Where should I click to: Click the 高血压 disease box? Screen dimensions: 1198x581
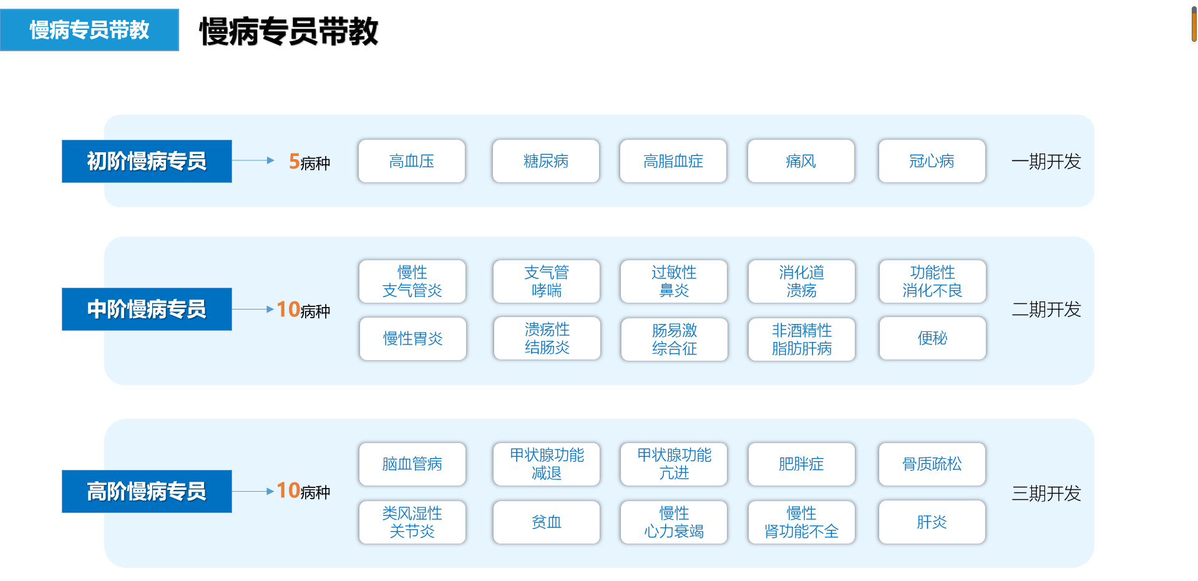[412, 161]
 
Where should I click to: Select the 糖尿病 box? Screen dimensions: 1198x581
[546, 161]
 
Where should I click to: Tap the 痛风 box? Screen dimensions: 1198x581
[801, 161]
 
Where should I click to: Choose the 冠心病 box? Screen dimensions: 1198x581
[932, 161]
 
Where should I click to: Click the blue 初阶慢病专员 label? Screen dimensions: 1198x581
[147, 161]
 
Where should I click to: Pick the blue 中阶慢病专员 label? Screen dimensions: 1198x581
[147, 309]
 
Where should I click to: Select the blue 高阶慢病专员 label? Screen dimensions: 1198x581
[147, 491]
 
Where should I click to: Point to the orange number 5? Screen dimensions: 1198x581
[295, 162]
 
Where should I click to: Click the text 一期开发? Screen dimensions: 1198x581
[1046, 162]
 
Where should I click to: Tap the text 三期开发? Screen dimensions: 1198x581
[1046, 494]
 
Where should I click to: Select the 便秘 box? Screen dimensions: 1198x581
[933, 338]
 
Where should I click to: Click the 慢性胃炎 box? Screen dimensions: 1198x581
[413, 339]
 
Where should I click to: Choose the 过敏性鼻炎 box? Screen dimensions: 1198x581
[674, 281]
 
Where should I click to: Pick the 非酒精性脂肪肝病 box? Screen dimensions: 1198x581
[802, 339]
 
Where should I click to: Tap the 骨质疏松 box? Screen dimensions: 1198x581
[932, 464]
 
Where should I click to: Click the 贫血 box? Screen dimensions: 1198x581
[547, 522]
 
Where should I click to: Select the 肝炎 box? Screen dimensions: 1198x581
[932, 522]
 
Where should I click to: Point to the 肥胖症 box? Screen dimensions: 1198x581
[802, 464]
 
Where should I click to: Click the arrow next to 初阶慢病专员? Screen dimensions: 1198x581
[253, 160]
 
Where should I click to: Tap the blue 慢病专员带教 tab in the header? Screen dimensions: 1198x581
[89, 30]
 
